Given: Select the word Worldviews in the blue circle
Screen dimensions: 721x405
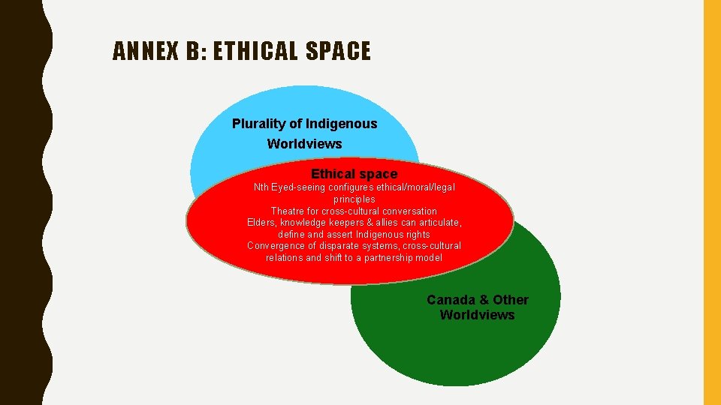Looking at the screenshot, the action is point(304,144).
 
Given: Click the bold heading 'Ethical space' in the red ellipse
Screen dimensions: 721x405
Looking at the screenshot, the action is point(354,174).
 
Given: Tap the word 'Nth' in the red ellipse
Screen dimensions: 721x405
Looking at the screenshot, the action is point(261,187).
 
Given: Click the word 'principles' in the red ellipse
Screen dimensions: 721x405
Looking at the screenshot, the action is point(354,199).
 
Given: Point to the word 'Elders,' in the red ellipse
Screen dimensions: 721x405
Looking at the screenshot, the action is point(263,223).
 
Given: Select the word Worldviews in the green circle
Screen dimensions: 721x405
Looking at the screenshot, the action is point(477,315).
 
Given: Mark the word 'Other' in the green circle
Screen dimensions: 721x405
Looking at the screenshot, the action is point(511,300).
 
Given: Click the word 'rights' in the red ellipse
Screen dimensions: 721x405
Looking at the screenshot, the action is point(416,235).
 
